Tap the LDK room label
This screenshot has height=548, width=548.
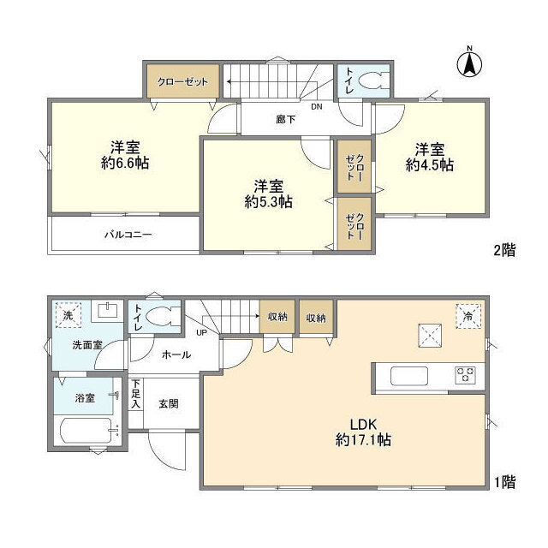tap(363, 425)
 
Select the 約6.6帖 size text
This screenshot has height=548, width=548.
tap(125, 164)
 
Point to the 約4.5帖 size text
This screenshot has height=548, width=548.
tap(430, 165)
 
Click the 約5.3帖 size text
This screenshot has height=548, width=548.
tap(268, 202)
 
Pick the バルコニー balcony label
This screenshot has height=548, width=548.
tap(128, 234)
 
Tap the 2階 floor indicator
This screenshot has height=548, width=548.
tap(504, 250)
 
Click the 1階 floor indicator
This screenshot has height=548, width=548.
tap(505, 483)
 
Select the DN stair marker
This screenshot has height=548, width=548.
tap(317, 107)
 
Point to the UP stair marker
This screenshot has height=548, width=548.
tap(202, 333)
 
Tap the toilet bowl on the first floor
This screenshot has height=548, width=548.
tap(162, 316)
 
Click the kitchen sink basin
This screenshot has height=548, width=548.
tap(409, 376)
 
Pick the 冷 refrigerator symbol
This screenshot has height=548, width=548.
tap(468, 316)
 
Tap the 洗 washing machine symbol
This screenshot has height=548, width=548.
tap(68, 315)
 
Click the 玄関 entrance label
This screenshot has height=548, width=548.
tap(169, 404)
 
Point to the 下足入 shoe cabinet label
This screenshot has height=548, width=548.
tap(136, 394)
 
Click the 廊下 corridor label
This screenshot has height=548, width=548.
tap(285, 120)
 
